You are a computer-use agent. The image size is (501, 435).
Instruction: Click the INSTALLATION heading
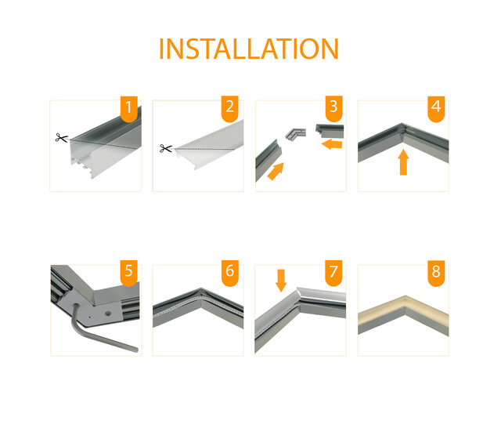(249, 49)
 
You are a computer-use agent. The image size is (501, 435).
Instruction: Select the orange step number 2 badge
(230, 108)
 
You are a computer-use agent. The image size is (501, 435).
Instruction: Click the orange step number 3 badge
(333, 108)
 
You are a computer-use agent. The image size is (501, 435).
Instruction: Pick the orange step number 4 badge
(436, 108)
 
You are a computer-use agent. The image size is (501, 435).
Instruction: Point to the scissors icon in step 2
(165, 148)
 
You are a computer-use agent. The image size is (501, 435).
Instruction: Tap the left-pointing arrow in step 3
(332, 144)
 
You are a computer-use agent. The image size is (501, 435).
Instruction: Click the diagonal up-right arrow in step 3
(276, 171)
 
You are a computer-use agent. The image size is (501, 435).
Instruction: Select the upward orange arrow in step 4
(403, 162)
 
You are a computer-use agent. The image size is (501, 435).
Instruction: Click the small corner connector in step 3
(296, 135)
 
